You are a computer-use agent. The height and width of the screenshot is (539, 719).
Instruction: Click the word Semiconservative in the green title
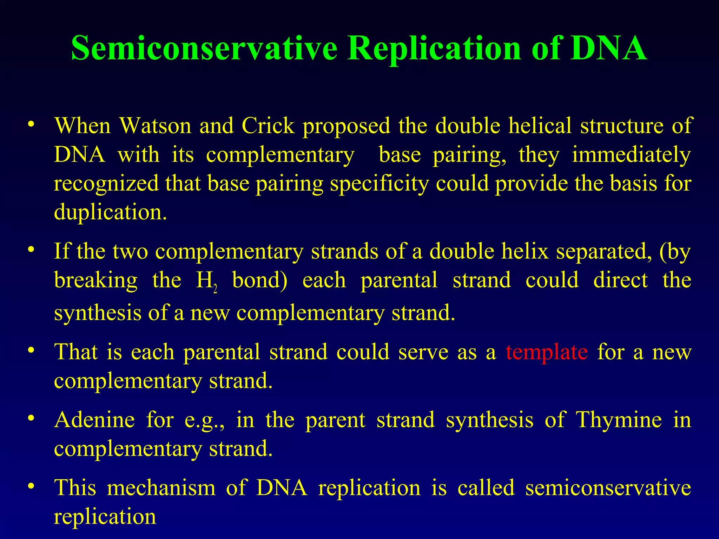point(204,48)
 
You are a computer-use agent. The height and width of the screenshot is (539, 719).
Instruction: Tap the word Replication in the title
point(434,48)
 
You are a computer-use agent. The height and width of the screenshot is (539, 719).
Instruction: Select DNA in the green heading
point(608,48)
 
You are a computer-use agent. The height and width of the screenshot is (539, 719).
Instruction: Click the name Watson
point(155,125)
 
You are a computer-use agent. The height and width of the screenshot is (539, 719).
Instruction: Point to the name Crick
point(268,125)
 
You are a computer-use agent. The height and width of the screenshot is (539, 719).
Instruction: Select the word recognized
point(106,184)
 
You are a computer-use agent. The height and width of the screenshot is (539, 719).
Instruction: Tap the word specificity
point(379,184)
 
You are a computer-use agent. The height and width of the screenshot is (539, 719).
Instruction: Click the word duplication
point(110,212)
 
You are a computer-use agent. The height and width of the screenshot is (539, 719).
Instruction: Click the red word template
point(547,352)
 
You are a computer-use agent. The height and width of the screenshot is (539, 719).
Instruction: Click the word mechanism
point(161,487)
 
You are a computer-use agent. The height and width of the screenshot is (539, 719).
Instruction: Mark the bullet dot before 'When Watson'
point(32,125)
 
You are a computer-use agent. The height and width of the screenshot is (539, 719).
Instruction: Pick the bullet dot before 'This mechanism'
point(32,487)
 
